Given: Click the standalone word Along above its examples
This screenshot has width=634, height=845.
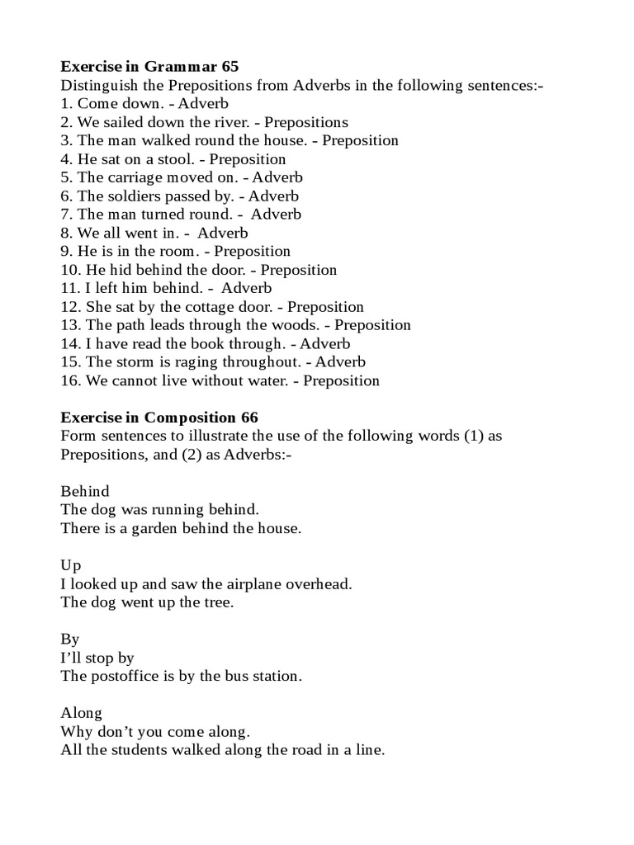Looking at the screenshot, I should [x=81, y=712].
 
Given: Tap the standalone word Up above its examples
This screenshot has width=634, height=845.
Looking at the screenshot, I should [x=71, y=565].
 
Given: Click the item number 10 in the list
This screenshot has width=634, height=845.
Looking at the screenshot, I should [x=69, y=270].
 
